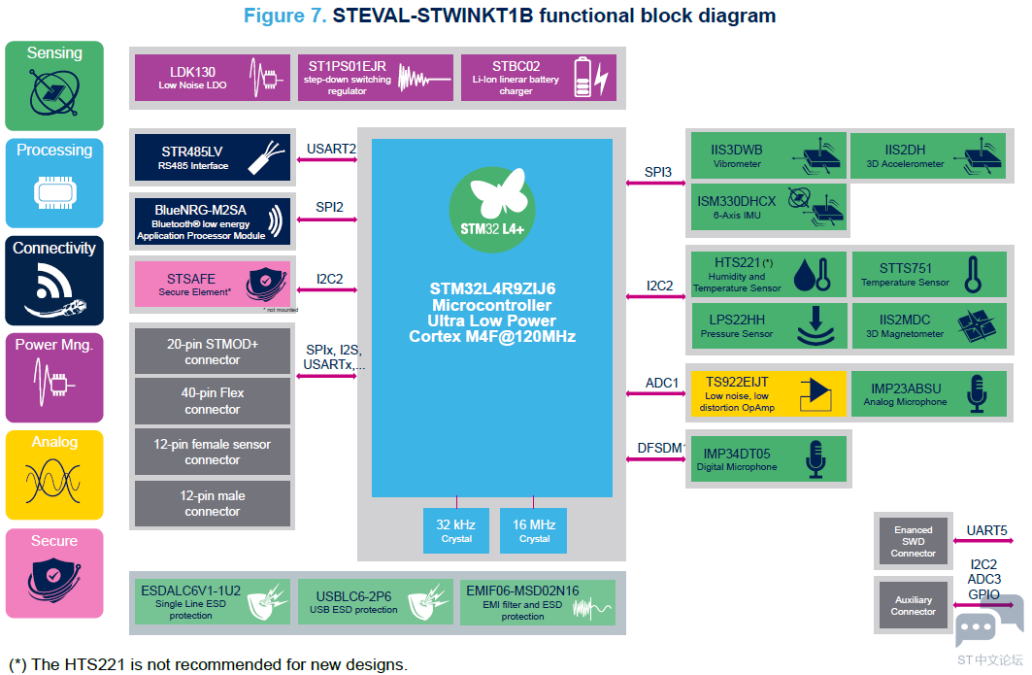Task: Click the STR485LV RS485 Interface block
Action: coord(213,158)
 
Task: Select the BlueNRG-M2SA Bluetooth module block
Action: coord(213,221)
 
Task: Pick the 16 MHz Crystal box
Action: coord(534,531)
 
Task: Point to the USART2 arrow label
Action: coord(331,149)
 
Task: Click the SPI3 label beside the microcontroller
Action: coord(658,173)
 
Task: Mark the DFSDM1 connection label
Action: coord(661,448)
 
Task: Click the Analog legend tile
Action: coord(54,475)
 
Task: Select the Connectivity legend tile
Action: coord(54,281)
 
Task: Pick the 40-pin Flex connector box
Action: coord(213,401)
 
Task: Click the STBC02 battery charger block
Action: coord(539,78)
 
